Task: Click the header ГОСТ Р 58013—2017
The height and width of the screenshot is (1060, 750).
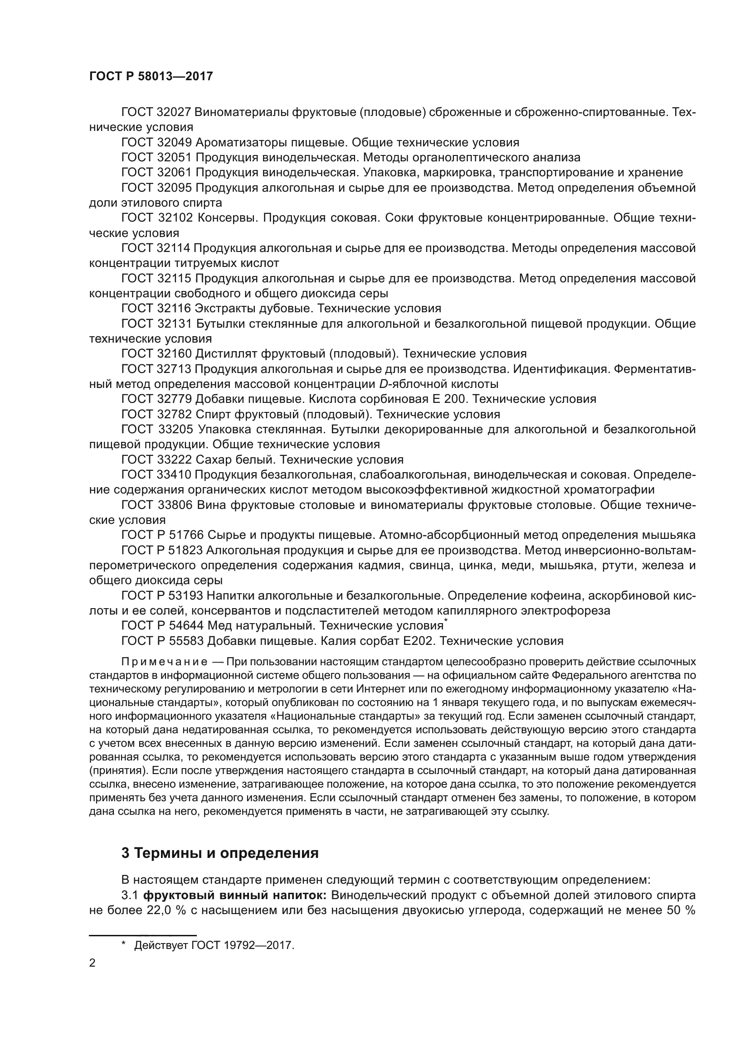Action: coord(151,76)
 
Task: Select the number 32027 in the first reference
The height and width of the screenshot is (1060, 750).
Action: coord(174,112)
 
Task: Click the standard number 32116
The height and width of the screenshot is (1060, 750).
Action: coord(174,309)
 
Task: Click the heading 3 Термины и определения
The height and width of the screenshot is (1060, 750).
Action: coord(220,853)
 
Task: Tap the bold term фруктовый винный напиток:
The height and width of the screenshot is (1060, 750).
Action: coord(235,895)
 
